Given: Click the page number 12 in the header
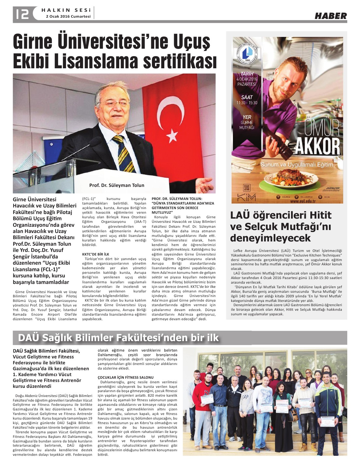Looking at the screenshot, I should coord(21,13).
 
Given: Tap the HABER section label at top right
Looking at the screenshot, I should coord(331,16).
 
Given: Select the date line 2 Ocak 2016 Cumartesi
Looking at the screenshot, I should coord(68,16).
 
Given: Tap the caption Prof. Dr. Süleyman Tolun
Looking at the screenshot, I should coord(117,185).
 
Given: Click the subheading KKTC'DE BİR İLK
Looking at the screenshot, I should coord(96,254).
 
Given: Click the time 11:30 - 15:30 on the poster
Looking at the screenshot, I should coord(247,103).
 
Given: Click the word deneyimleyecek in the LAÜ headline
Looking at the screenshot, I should coord(270,238).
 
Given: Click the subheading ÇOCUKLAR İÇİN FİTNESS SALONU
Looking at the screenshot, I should coord(125,377).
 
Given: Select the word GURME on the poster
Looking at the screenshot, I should coord(247,123).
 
